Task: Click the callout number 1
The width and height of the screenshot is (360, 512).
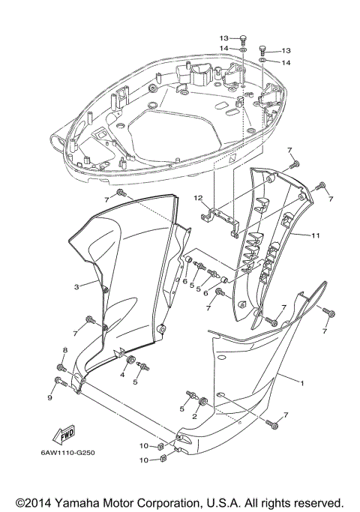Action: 301,383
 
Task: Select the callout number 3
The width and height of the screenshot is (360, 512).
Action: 76,286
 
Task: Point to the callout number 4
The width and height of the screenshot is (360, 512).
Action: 123,374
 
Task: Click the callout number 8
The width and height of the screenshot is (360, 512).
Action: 64,350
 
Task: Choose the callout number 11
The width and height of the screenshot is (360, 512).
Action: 316,235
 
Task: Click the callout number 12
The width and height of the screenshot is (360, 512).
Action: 198,198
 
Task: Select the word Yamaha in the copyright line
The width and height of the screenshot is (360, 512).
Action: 82,502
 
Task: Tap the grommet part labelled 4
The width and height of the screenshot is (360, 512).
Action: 131,362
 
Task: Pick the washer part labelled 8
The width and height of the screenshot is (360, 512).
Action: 61,368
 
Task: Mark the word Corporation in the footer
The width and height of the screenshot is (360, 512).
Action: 172,502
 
